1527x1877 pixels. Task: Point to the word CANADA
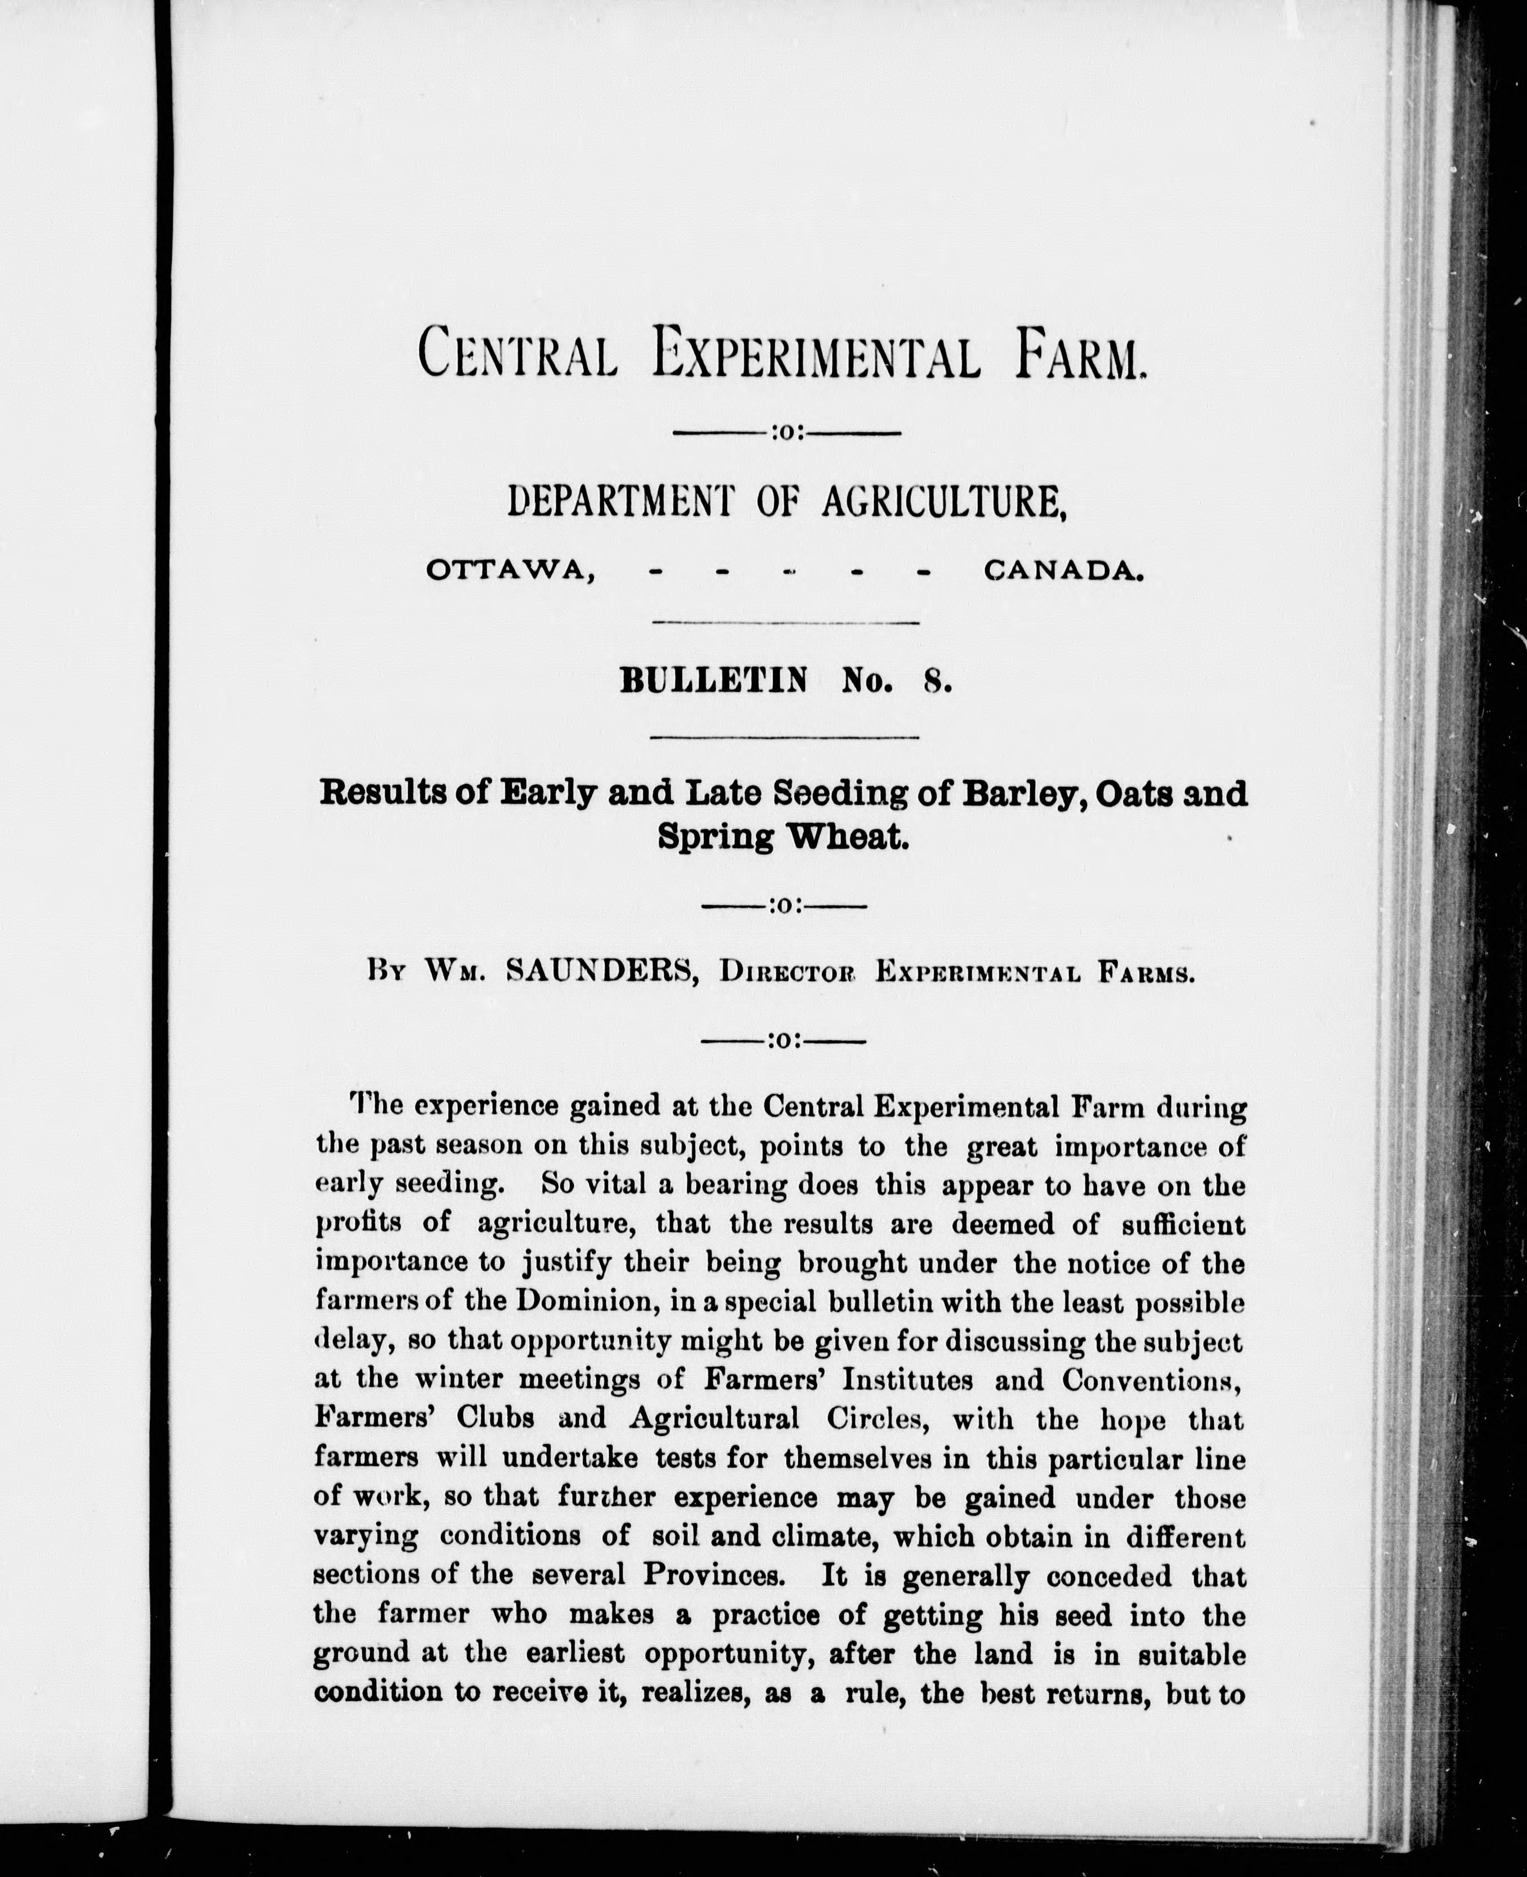pyautogui.click(x=1063, y=572)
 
